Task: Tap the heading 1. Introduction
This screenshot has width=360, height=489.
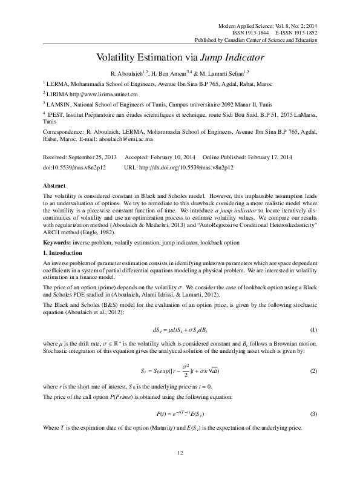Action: pyautogui.click(x=65, y=251)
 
